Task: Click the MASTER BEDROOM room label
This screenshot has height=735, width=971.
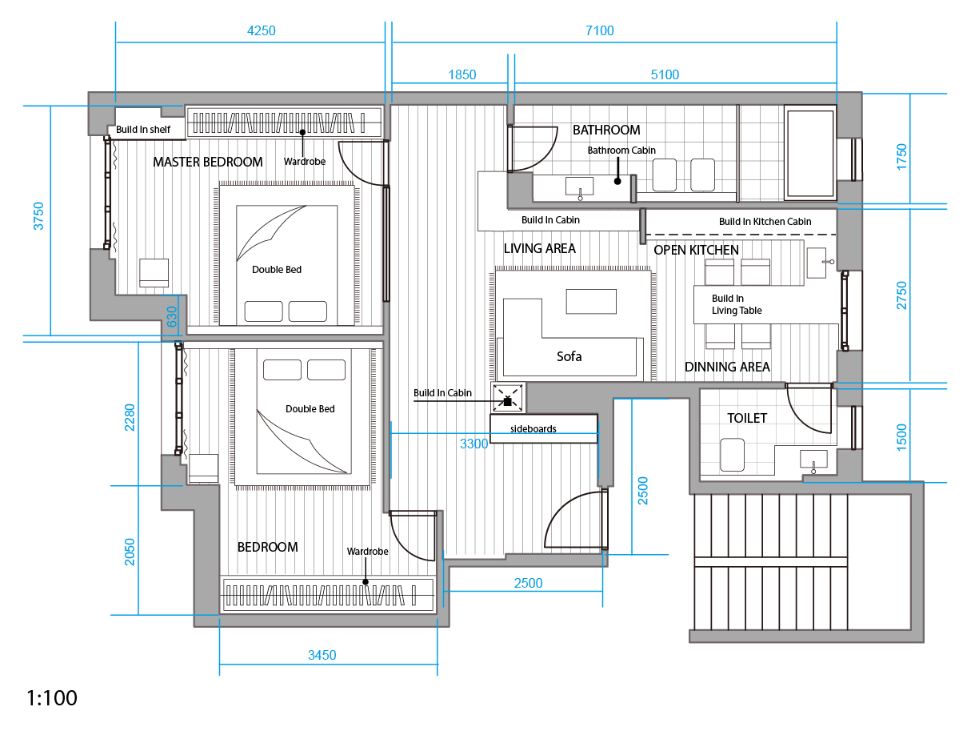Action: (207, 162)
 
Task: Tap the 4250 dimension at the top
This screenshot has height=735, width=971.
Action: (261, 30)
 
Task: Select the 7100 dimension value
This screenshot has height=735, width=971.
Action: (599, 30)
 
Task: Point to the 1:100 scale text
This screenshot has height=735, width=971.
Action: (52, 698)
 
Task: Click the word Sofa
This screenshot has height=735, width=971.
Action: (569, 356)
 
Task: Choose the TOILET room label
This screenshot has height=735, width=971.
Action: (747, 418)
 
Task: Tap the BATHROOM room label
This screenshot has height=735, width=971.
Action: (606, 130)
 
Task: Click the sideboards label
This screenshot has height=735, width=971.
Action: (533, 428)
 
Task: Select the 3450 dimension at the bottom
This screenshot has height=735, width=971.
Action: (322, 655)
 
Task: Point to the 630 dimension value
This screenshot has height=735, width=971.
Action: (172, 316)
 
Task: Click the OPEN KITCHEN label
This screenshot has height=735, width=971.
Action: (696, 250)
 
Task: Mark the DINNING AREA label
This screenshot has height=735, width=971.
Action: (727, 367)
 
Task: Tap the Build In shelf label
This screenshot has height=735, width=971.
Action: (143, 129)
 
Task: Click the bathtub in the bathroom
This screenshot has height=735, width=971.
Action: (809, 153)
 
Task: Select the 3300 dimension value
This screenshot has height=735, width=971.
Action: (474, 444)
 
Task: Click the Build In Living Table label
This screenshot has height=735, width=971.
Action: (737, 304)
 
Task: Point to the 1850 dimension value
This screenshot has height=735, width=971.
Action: (462, 74)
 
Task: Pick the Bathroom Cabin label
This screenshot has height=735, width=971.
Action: (621, 150)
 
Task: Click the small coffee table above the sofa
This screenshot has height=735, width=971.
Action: (591, 302)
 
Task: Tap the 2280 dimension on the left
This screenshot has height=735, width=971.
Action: (129, 417)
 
